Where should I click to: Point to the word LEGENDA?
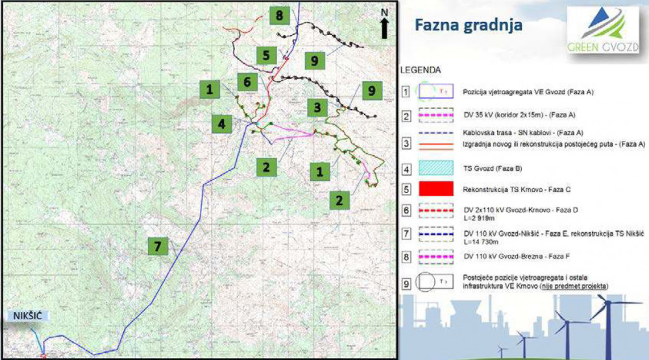[x=421, y=69]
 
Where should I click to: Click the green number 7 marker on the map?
[x=156, y=246]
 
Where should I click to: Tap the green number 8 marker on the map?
[x=279, y=15]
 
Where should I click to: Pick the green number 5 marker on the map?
[x=265, y=55]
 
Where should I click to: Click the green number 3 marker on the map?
[x=317, y=107]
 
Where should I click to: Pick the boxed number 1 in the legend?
[x=405, y=93]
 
